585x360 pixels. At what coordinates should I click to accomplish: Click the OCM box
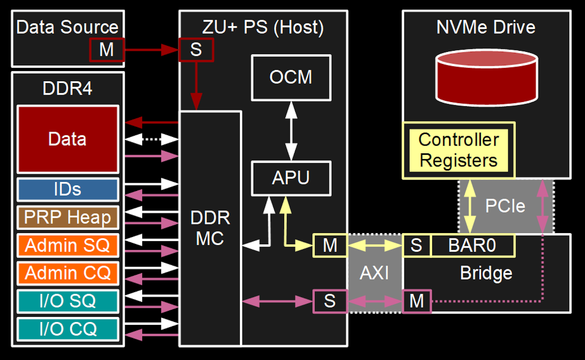pyautogui.click(x=291, y=78)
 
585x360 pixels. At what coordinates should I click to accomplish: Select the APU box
pyautogui.click(x=291, y=178)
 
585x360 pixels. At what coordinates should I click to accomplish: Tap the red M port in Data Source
pyautogui.click(x=107, y=49)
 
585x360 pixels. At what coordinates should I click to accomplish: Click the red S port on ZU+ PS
pyautogui.click(x=196, y=49)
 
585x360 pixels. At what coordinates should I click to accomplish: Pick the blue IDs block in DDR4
pyautogui.click(x=68, y=190)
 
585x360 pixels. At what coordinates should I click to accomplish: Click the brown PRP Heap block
pyautogui.click(x=68, y=217)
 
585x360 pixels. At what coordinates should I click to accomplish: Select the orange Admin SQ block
pyautogui.click(x=68, y=245)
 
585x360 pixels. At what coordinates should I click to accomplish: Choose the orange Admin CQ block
pyautogui.click(x=68, y=273)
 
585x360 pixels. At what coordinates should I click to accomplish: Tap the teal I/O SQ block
pyautogui.click(x=68, y=301)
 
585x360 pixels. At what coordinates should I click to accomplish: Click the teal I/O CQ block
pyautogui.click(x=68, y=329)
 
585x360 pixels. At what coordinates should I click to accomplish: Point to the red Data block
pyautogui.click(x=68, y=139)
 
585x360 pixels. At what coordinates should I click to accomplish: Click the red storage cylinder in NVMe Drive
pyautogui.click(x=486, y=78)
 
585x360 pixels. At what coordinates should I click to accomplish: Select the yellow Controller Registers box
pyautogui.click(x=458, y=150)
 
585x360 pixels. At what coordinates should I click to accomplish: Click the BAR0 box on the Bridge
pyautogui.click(x=472, y=245)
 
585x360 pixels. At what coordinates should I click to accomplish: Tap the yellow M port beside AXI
pyautogui.click(x=330, y=245)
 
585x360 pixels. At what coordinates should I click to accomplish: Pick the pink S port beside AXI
pyautogui.click(x=330, y=301)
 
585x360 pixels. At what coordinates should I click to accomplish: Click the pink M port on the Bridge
pyautogui.click(x=417, y=301)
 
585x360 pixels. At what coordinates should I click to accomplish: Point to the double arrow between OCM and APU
pyautogui.click(x=291, y=131)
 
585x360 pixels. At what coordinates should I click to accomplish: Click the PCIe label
pyautogui.click(x=505, y=206)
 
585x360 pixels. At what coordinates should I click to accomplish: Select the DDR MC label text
pyautogui.click(x=210, y=228)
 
